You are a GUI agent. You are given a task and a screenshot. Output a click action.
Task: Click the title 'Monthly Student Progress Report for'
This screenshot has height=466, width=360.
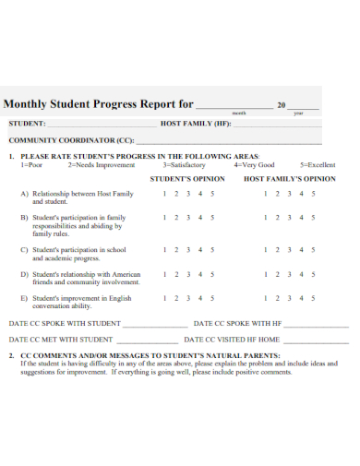tap(99, 104)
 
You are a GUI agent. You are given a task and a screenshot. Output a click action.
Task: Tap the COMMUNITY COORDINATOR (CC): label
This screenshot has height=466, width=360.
tap(72, 140)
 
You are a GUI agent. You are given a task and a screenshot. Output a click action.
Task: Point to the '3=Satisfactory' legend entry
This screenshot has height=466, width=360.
tap(185, 165)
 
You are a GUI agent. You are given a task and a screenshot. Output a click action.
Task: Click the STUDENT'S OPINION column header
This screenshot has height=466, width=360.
tap(187, 178)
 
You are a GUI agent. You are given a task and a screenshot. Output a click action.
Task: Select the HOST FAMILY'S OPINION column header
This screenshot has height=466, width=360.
tap(289, 178)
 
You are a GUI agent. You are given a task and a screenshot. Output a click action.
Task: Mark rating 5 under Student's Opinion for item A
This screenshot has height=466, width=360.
tap(212, 194)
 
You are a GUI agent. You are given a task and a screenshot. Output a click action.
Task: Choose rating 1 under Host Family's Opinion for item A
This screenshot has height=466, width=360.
tap(266, 194)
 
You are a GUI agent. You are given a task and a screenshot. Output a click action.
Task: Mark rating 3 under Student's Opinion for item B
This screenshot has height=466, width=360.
tap(188, 218)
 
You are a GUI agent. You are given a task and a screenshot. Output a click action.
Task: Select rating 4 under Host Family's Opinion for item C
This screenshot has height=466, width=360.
tap(301, 250)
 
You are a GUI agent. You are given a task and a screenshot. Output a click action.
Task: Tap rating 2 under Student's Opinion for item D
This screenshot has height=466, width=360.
tap(176, 274)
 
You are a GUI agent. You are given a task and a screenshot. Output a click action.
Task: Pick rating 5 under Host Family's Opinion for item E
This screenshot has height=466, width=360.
tap(313, 298)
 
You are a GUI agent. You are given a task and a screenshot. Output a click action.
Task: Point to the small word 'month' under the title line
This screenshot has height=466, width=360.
tap(239, 113)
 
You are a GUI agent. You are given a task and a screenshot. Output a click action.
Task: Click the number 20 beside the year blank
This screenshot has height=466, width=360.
tap(282, 105)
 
